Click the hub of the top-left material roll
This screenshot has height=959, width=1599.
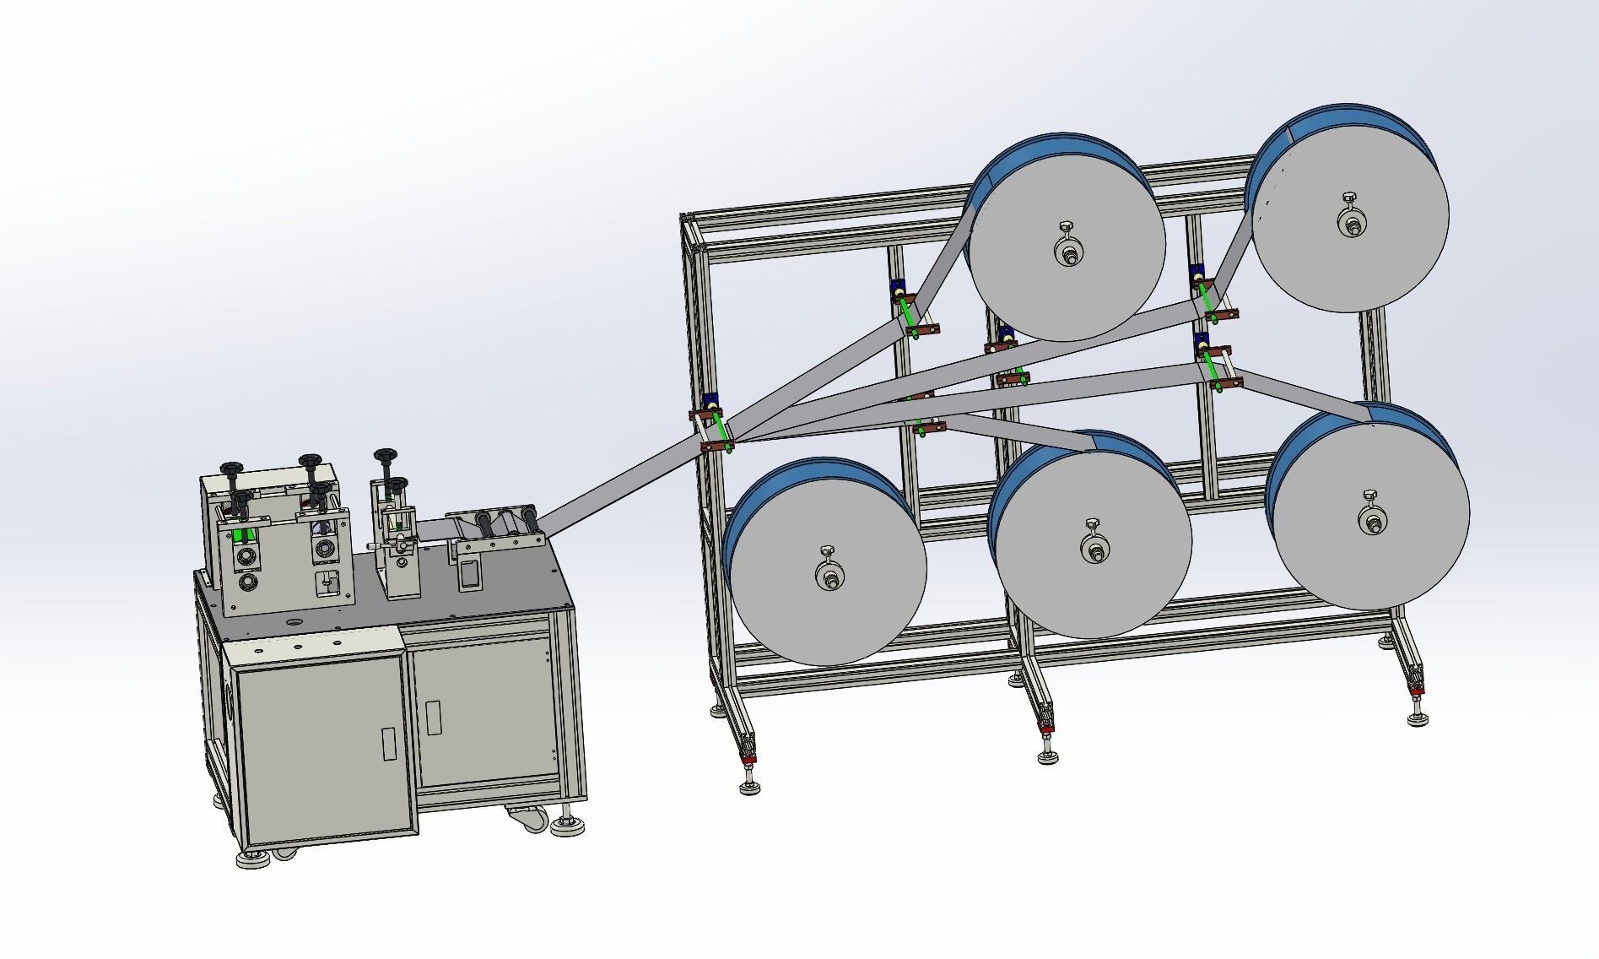[1069, 252]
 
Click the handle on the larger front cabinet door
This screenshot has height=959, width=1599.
[389, 744]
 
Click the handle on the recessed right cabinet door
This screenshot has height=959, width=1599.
[433, 717]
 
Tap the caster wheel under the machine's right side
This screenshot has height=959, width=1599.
[528, 817]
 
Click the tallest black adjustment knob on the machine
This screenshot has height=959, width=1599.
[386, 456]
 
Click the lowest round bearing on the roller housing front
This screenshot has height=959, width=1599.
[247, 583]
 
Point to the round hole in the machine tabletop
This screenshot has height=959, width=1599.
[293, 620]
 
